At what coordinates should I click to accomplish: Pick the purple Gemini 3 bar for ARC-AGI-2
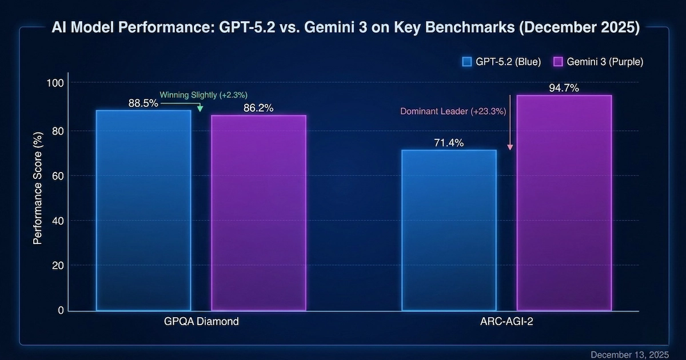[x=564, y=203]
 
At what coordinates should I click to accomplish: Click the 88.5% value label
[x=143, y=104]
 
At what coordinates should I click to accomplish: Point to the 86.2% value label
[x=258, y=108]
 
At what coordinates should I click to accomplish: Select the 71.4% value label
[x=449, y=143]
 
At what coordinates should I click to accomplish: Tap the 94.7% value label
[x=564, y=88]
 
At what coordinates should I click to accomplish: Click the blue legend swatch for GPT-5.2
[x=466, y=62]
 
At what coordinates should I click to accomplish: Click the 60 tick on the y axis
[x=57, y=175]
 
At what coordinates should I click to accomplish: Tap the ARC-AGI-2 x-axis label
[x=506, y=322]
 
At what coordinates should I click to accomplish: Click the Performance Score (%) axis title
[x=38, y=197]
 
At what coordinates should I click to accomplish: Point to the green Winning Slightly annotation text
[x=204, y=94]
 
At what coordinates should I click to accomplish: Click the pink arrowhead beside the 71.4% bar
[x=510, y=147]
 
